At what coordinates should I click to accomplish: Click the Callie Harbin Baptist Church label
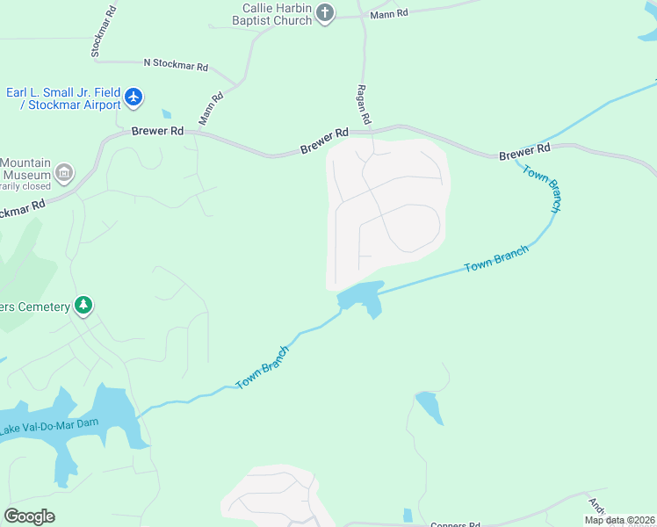(264, 14)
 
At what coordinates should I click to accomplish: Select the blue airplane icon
(134, 96)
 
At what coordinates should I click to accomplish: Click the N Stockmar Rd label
(176, 66)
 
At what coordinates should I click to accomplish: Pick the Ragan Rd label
(363, 105)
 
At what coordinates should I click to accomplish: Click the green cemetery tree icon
(83, 306)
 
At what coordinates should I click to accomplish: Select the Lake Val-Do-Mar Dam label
(51, 425)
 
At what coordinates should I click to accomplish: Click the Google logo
(29, 516)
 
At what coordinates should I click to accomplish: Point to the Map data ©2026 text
(619, 520)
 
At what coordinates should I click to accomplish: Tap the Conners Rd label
(455, 524)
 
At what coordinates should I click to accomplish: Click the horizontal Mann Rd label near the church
(389, 13)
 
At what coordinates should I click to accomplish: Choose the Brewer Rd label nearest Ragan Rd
(324, 141)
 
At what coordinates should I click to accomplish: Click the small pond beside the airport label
(167, 113)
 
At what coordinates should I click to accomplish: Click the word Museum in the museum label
(25, 175)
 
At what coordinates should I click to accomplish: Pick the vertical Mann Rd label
(211, 107)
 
